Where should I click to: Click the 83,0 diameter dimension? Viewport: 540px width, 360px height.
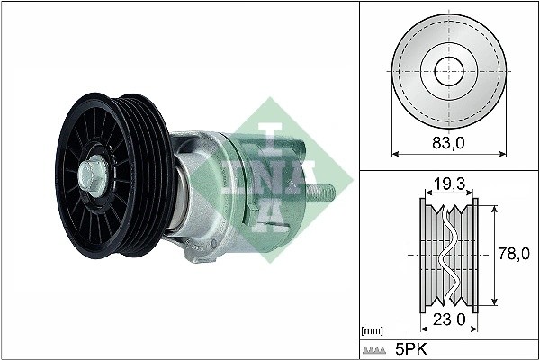[448, 141]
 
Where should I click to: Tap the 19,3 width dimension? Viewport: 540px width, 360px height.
[448, 185]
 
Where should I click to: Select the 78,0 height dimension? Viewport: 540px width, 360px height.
[512, 256]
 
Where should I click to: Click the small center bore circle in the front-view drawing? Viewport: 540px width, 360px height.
[448, 72]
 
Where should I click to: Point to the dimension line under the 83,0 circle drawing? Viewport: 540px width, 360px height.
[448, 154]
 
